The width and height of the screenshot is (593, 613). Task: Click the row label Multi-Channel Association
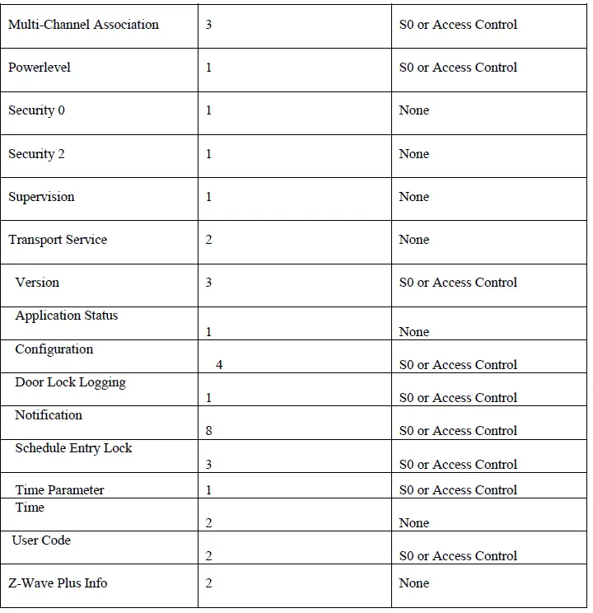point(83,25)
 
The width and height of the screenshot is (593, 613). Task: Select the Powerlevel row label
point(40,68)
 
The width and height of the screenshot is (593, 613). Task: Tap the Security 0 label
point(36,110)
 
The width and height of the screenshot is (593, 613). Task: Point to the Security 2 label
point(36,154)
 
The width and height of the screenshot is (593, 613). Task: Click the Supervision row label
point(41,197)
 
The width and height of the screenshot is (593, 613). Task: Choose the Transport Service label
point(58,240)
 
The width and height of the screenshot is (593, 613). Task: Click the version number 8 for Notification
point(208,430)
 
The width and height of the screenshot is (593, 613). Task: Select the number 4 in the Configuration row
point(219,364)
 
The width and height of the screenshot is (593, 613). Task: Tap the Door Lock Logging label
point(70,382)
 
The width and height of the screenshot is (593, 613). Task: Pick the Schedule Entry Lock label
point(73,448)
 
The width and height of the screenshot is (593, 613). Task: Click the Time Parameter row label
point(59,490)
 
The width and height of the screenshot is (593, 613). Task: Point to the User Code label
point(41,540)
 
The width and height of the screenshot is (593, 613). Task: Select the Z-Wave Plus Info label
point(58,583)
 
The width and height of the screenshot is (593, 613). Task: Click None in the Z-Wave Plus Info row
point(413,583)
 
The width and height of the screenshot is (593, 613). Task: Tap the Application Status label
point(67,316)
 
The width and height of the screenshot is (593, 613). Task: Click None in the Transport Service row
point(413,240)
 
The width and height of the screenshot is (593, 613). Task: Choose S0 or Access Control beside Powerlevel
point(458,68)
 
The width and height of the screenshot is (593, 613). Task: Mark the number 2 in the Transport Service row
point(208,240)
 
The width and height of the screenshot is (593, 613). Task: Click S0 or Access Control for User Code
point(458,556)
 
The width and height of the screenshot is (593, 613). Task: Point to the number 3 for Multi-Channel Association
point(208,25)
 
